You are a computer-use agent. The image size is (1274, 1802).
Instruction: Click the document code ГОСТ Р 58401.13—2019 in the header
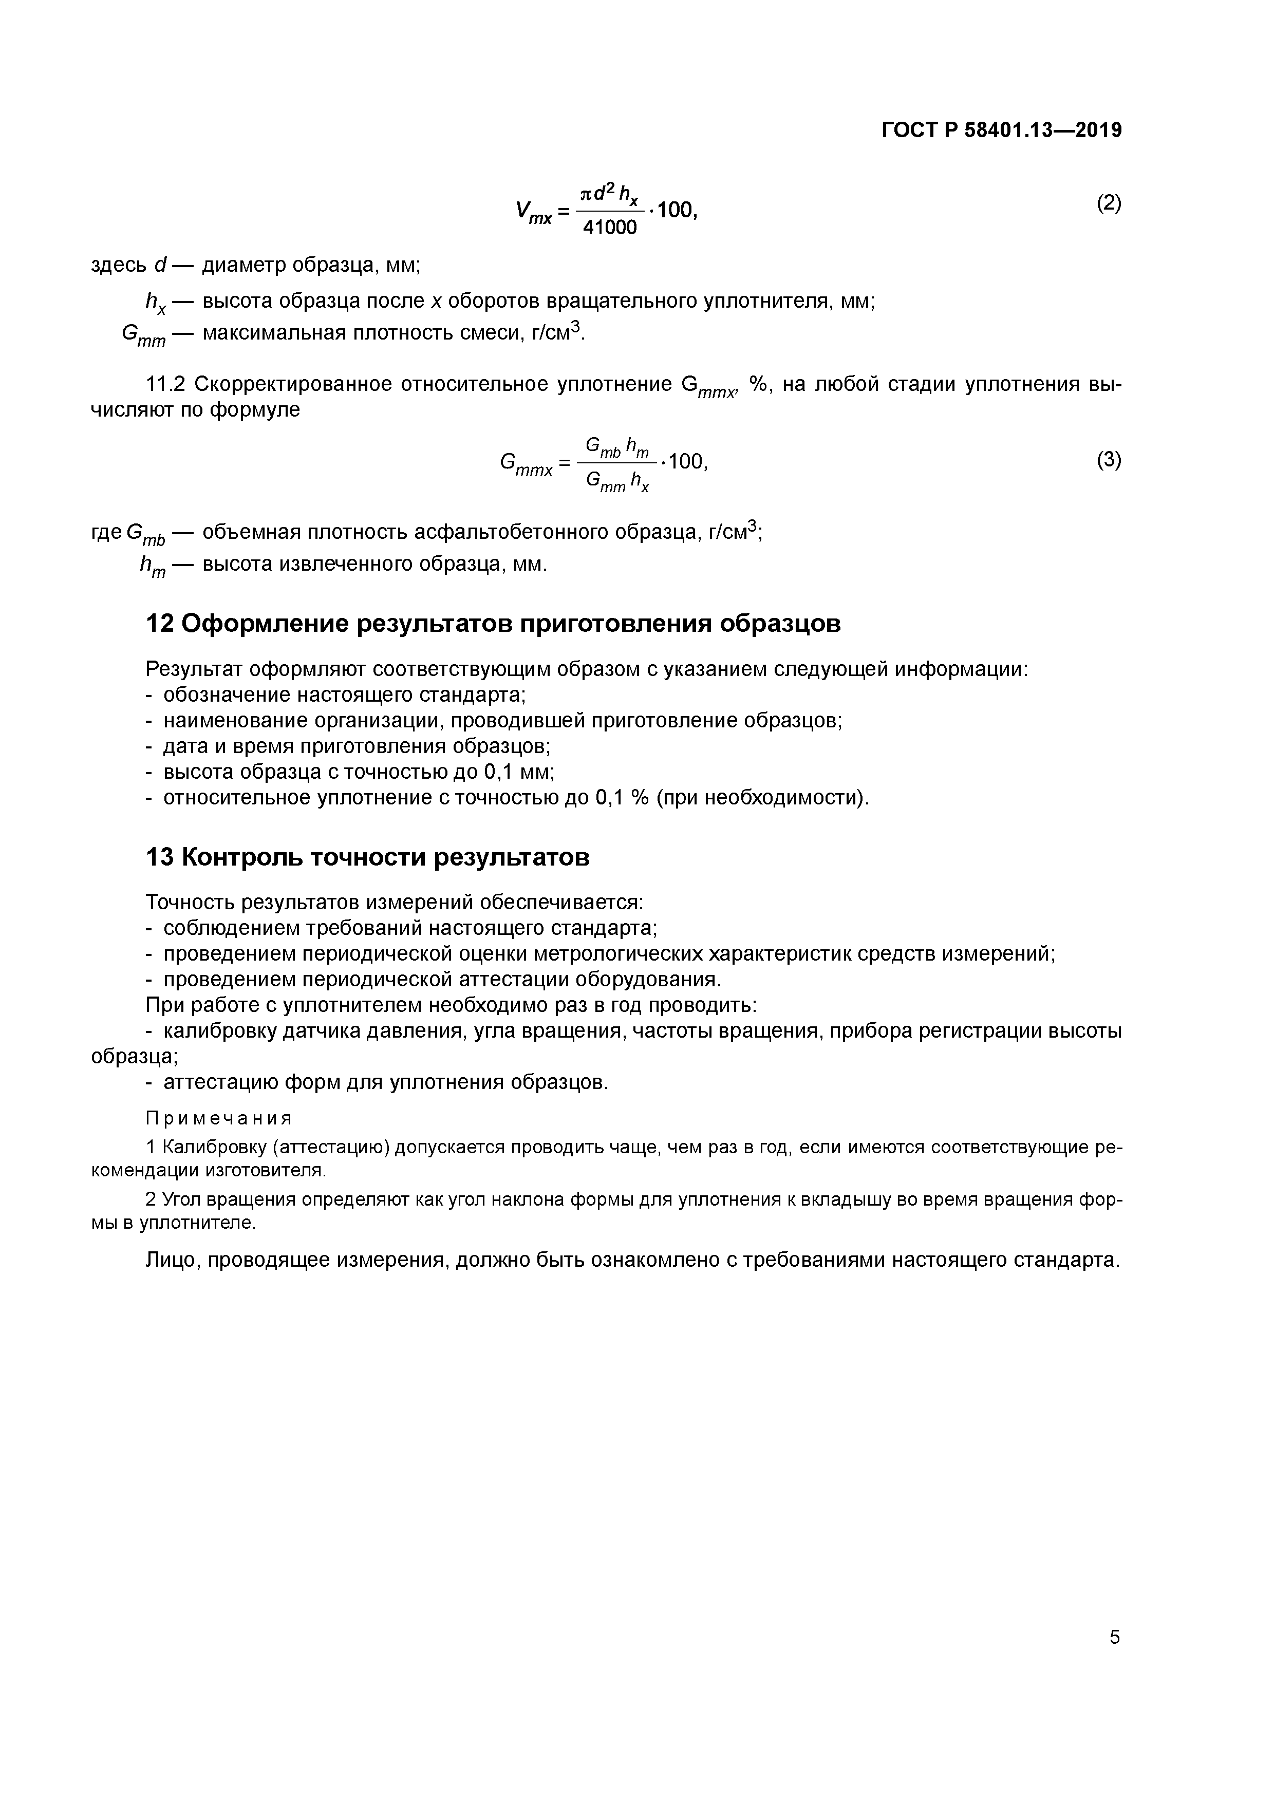point(1002,130)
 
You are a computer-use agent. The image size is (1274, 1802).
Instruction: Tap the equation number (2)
point(1109,203)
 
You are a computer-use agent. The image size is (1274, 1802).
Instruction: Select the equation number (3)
point(1109,459)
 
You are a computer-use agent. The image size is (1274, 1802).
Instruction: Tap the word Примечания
point(219,1118)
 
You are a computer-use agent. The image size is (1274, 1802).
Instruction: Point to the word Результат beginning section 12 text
point(194,669)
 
